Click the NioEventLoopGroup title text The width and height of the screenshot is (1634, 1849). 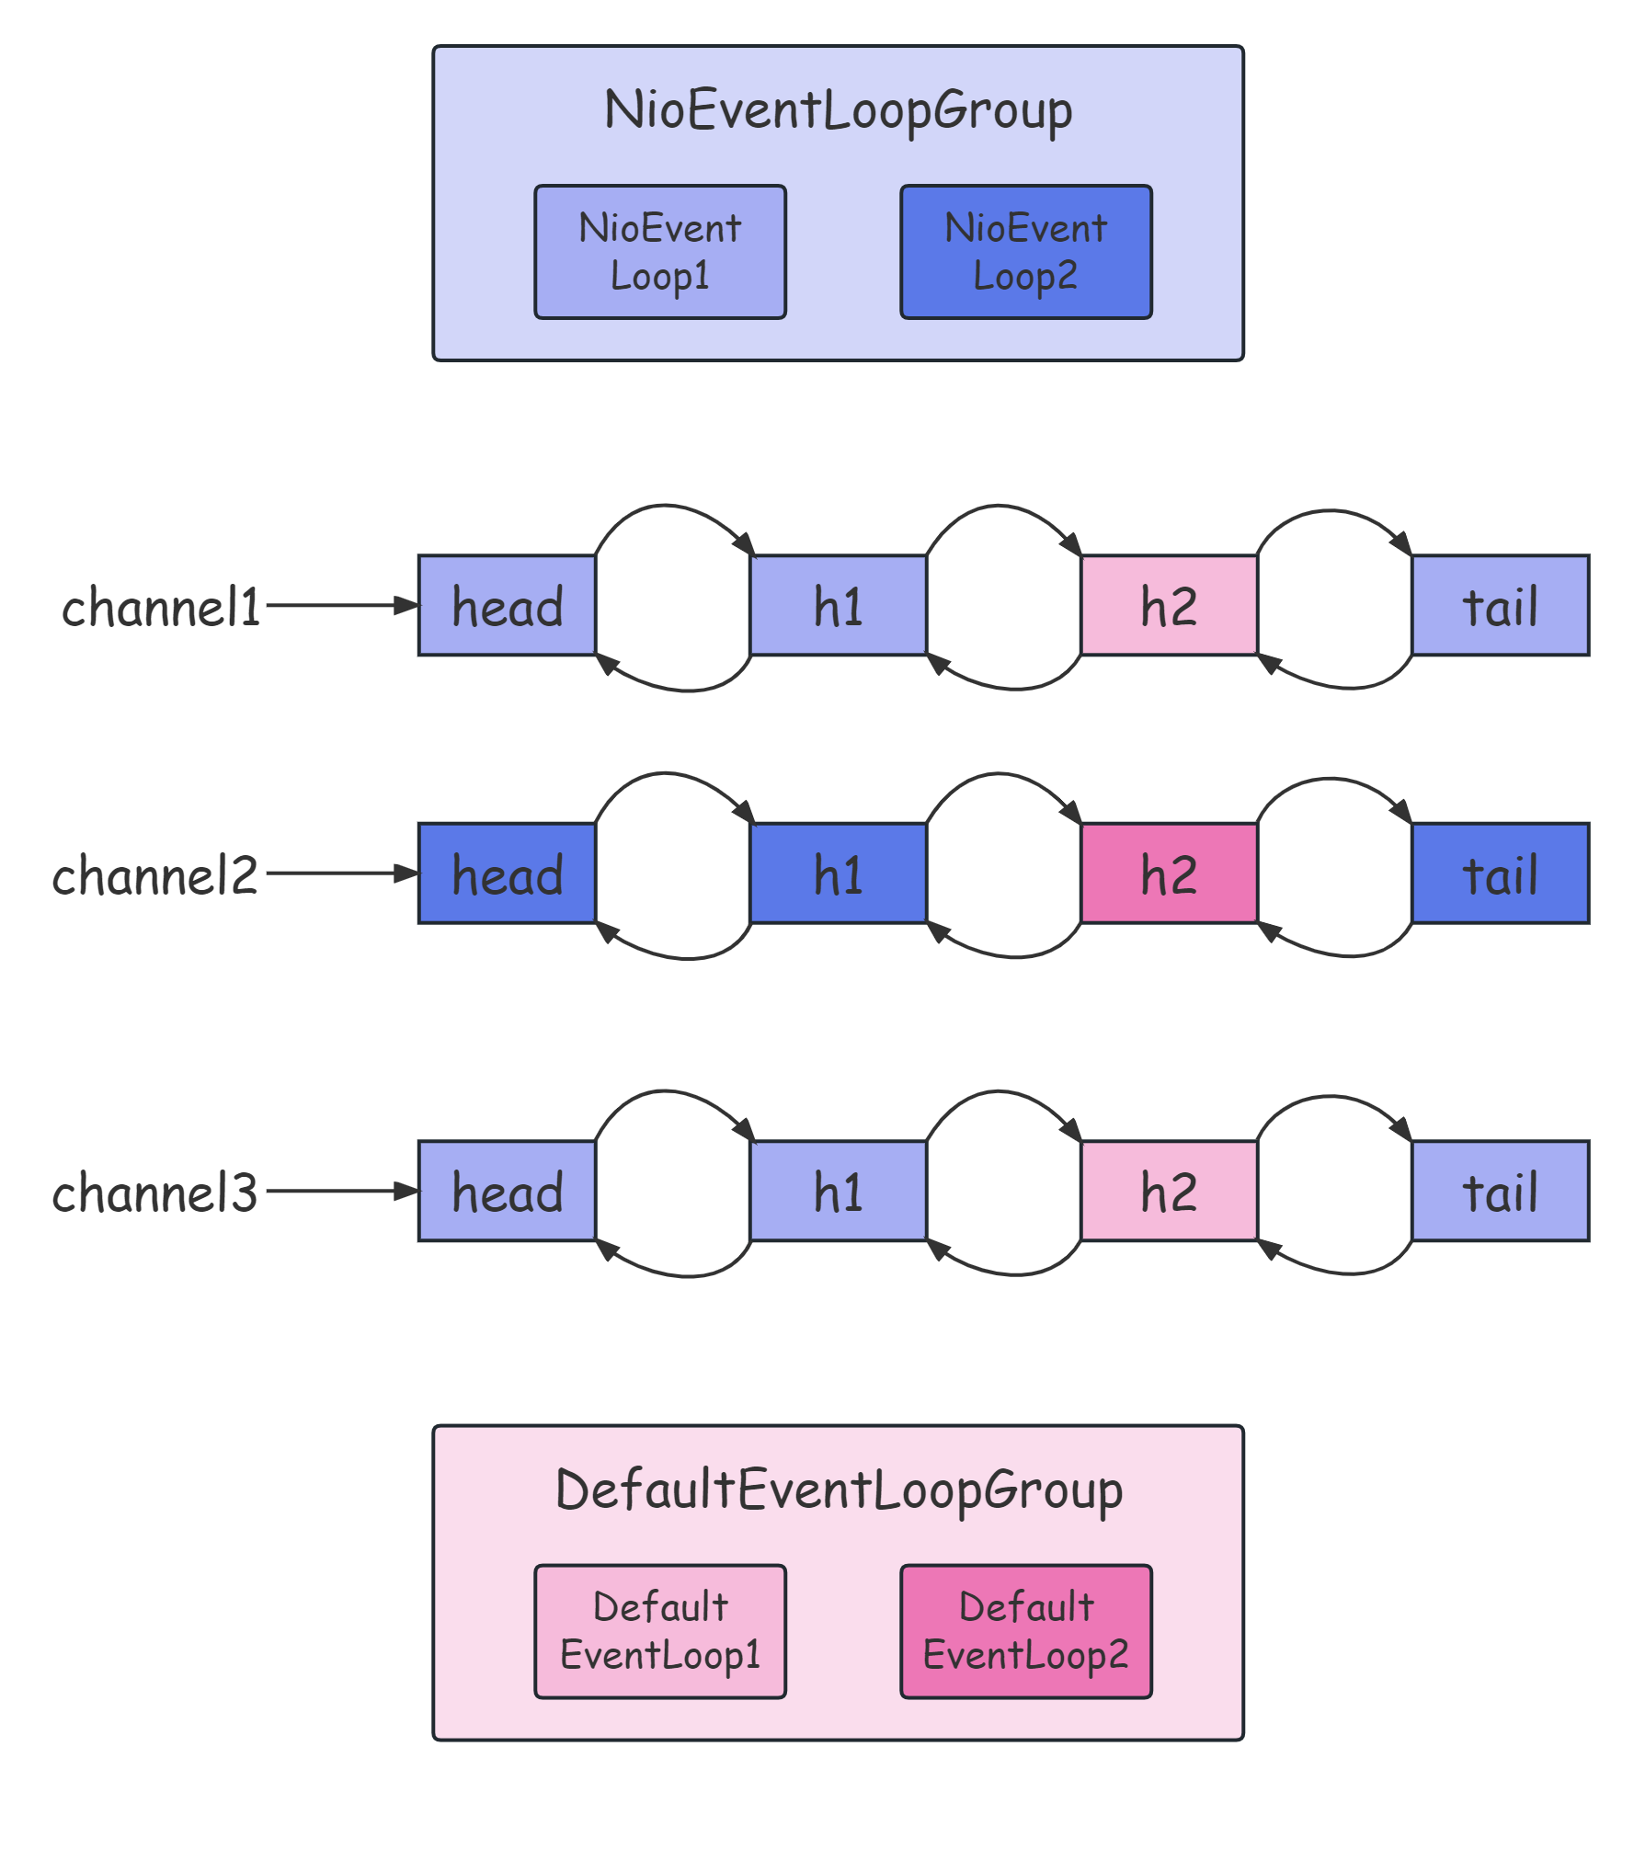(x=838, y=110)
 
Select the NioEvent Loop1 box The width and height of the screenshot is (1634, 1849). (x=660, y=252)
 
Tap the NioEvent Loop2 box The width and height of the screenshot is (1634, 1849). (x=1025, y=252)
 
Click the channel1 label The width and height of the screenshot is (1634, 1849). (x=162, y=608)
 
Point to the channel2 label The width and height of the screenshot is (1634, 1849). (x=155, y=875)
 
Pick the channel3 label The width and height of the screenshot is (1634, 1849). (x=155, y=1193)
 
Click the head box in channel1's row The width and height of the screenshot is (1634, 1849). (x=507, y=606)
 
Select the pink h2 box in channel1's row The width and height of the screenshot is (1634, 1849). (x=1169, y=606)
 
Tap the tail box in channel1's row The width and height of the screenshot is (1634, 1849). (x=1500, y=606)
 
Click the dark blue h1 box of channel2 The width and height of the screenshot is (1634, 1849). (x=838, y=873)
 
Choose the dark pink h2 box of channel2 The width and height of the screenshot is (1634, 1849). (x=1169, y=873)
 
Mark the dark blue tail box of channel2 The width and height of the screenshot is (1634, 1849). (x=1500, y=873)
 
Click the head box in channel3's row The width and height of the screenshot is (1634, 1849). (x=507, y=1192)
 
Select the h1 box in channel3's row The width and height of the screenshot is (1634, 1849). (x=838, y=1192)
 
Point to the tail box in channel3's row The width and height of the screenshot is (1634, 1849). (x=1500, y=1192)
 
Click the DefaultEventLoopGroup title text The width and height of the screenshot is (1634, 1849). (x=838, y=1490)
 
